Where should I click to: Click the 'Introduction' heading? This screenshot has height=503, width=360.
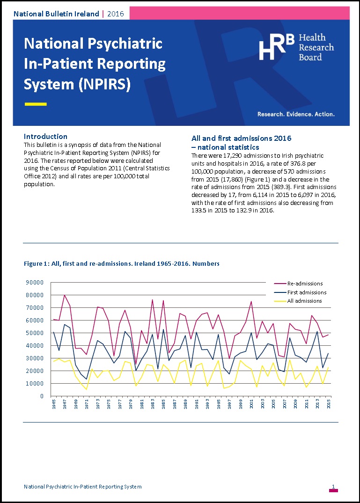(x=45, y=137)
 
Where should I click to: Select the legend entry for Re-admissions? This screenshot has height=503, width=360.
(x=305, y=284)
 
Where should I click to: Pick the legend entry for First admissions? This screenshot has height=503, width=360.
(x=307, y=292)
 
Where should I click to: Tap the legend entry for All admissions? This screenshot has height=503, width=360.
(x=304, y=301)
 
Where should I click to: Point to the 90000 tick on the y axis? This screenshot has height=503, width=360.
(x=36, y=282)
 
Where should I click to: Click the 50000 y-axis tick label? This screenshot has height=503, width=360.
(x=36, y=333)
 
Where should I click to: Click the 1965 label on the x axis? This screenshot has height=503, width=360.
(x=54, y=404)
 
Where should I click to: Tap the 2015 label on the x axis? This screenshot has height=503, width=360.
(x=329, y=404)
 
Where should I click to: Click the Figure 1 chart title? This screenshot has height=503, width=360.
(x=121, y=264)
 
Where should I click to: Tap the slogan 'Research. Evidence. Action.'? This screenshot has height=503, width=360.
(x=296, y=114)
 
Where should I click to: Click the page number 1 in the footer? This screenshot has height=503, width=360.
(x=333, y=487)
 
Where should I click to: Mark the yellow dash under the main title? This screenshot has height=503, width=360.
(x=35, y=104)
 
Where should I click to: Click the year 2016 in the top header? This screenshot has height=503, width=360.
(x=116, y=14)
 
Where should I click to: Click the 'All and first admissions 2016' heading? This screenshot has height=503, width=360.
(x=241, y=138)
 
